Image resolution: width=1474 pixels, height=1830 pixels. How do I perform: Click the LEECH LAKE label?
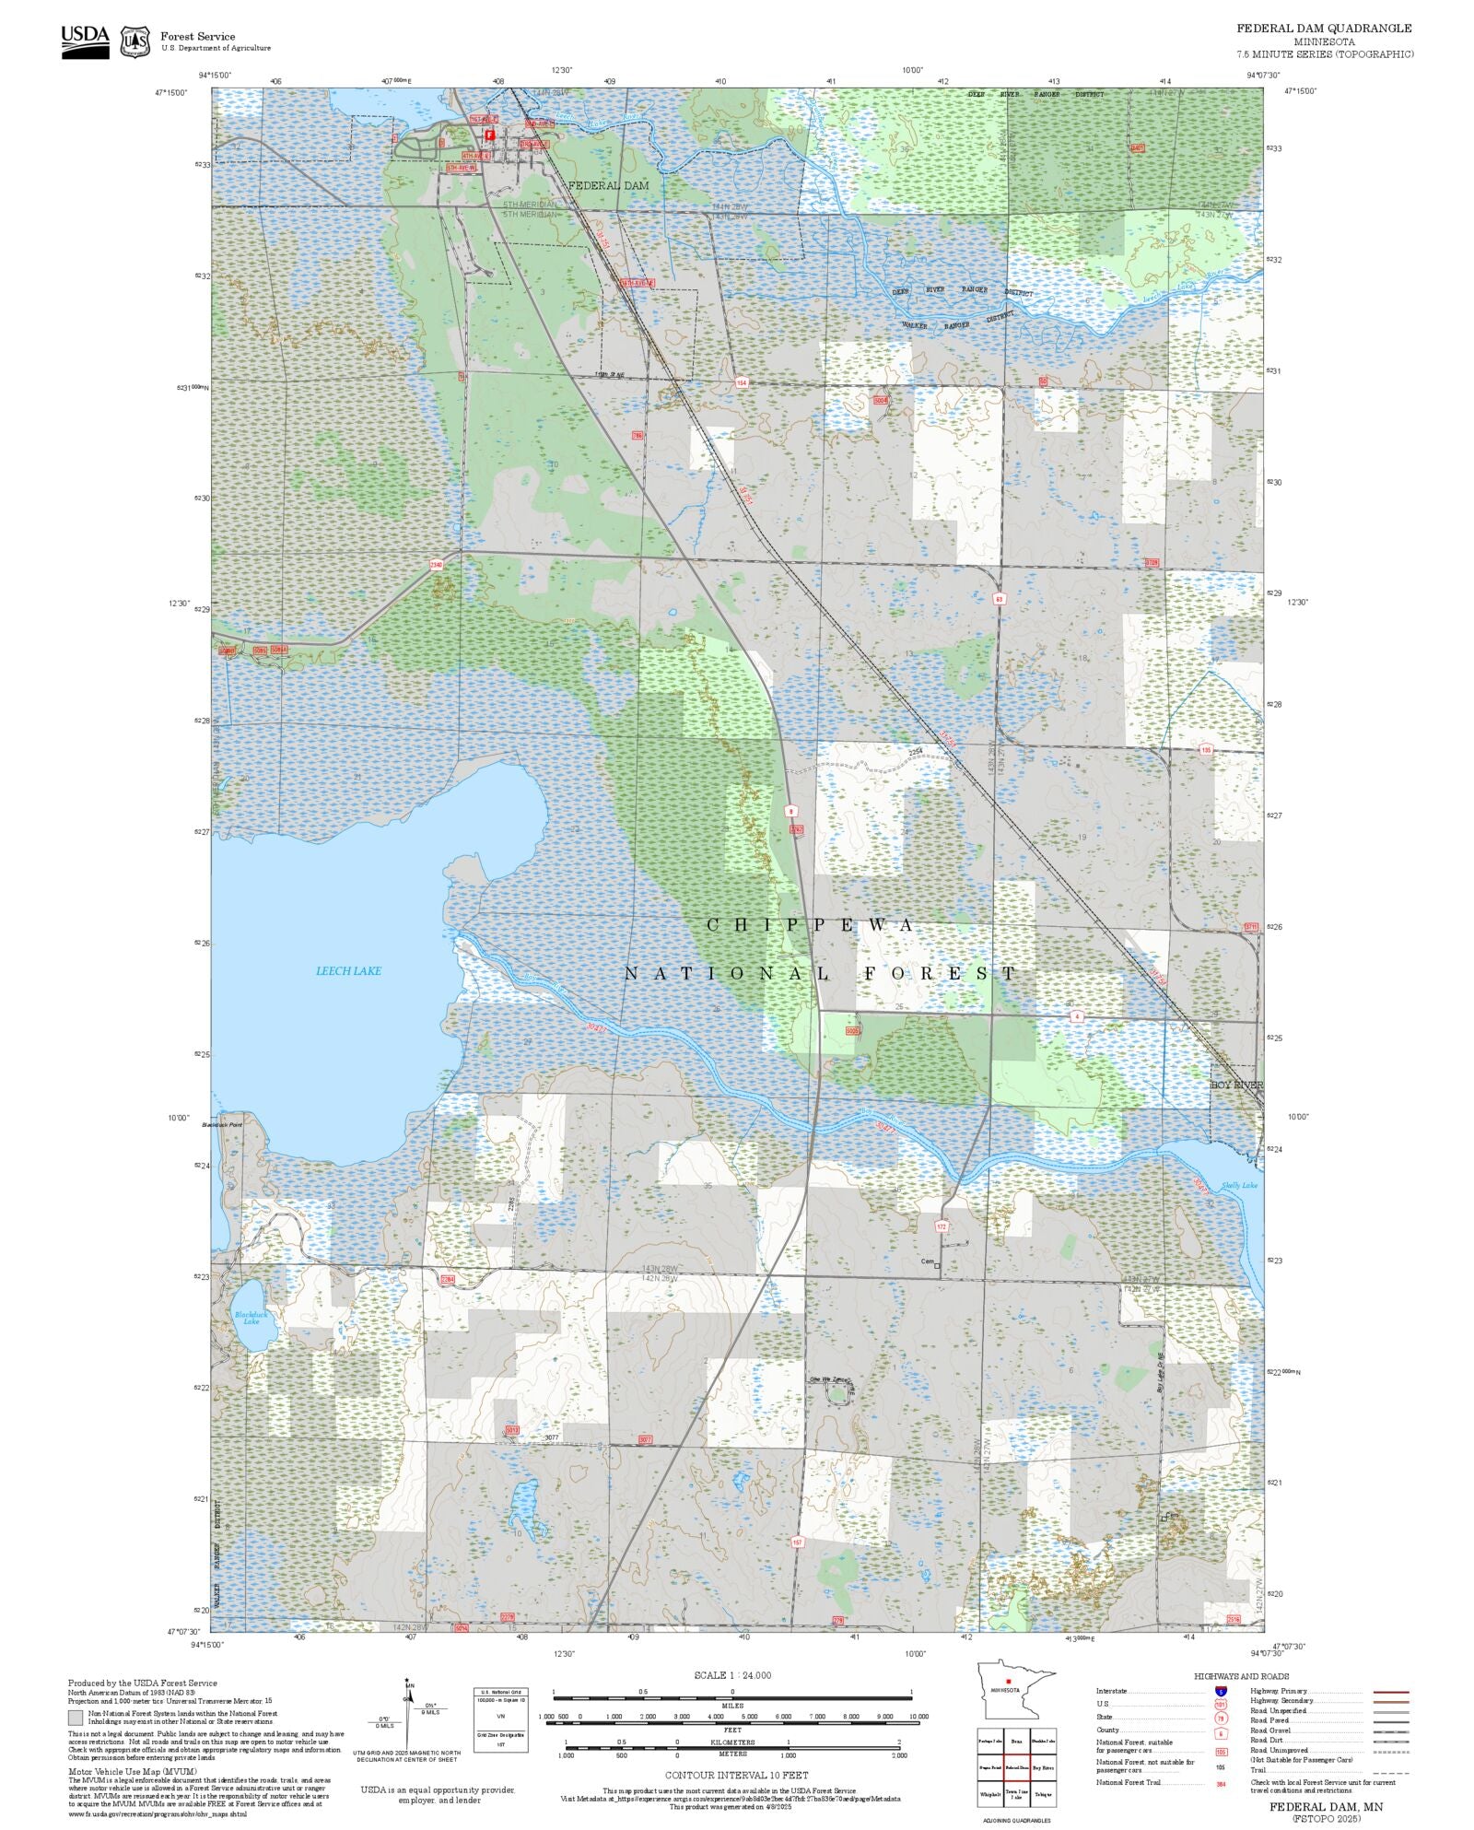pos(348,970)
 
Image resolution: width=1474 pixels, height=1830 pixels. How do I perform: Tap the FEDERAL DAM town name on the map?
pos(608,185)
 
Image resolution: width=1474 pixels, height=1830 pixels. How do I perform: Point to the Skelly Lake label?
pos(1238,1185)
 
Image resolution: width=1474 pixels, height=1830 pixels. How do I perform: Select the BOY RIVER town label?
pos(1236,1085)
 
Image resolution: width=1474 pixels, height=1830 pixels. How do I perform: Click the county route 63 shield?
pos(999,598)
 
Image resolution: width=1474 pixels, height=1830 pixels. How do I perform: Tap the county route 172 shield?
pos(941,1226)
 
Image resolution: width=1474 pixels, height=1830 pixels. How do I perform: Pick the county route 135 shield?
pos(1206,750)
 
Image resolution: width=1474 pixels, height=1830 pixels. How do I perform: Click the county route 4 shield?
pos(1076,1016)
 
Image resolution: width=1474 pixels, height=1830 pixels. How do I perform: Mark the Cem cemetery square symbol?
pos(938,1265)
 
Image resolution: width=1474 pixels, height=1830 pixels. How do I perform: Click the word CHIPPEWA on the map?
pos(811,924)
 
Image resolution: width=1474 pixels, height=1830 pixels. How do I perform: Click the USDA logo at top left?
pos(85,41)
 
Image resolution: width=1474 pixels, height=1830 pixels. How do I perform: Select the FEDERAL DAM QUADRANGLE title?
pos(1324,29)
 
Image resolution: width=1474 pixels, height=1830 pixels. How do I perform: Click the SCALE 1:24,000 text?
pos(732,1675)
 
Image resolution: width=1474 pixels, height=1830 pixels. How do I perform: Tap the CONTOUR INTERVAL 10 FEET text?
pos(736,1775)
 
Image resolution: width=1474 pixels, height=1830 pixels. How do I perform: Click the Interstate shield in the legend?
pos(1221,1692)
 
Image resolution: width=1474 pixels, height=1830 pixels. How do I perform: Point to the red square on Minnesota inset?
pos(1009,1681)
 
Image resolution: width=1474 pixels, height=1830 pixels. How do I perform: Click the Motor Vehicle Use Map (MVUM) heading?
pos(132,1771)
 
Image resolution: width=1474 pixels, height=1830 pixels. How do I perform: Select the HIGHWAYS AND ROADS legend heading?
pos(1241,1676)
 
